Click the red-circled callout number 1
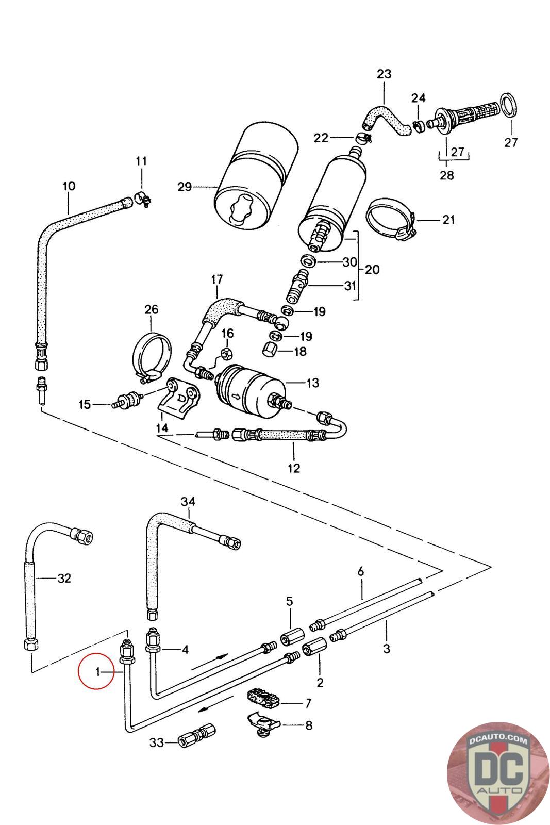pyautogui.click(x=97, y=672)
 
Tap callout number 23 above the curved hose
pyautogui.click(x=384, y=74)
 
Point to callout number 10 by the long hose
pyautogui.click(x=69, y=186)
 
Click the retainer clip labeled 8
pyautogui.click(x=261, y=723)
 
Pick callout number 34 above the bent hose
pyautogui.click(x=189, y=501)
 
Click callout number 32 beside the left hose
pyautogui.click(x=64, y=578)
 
